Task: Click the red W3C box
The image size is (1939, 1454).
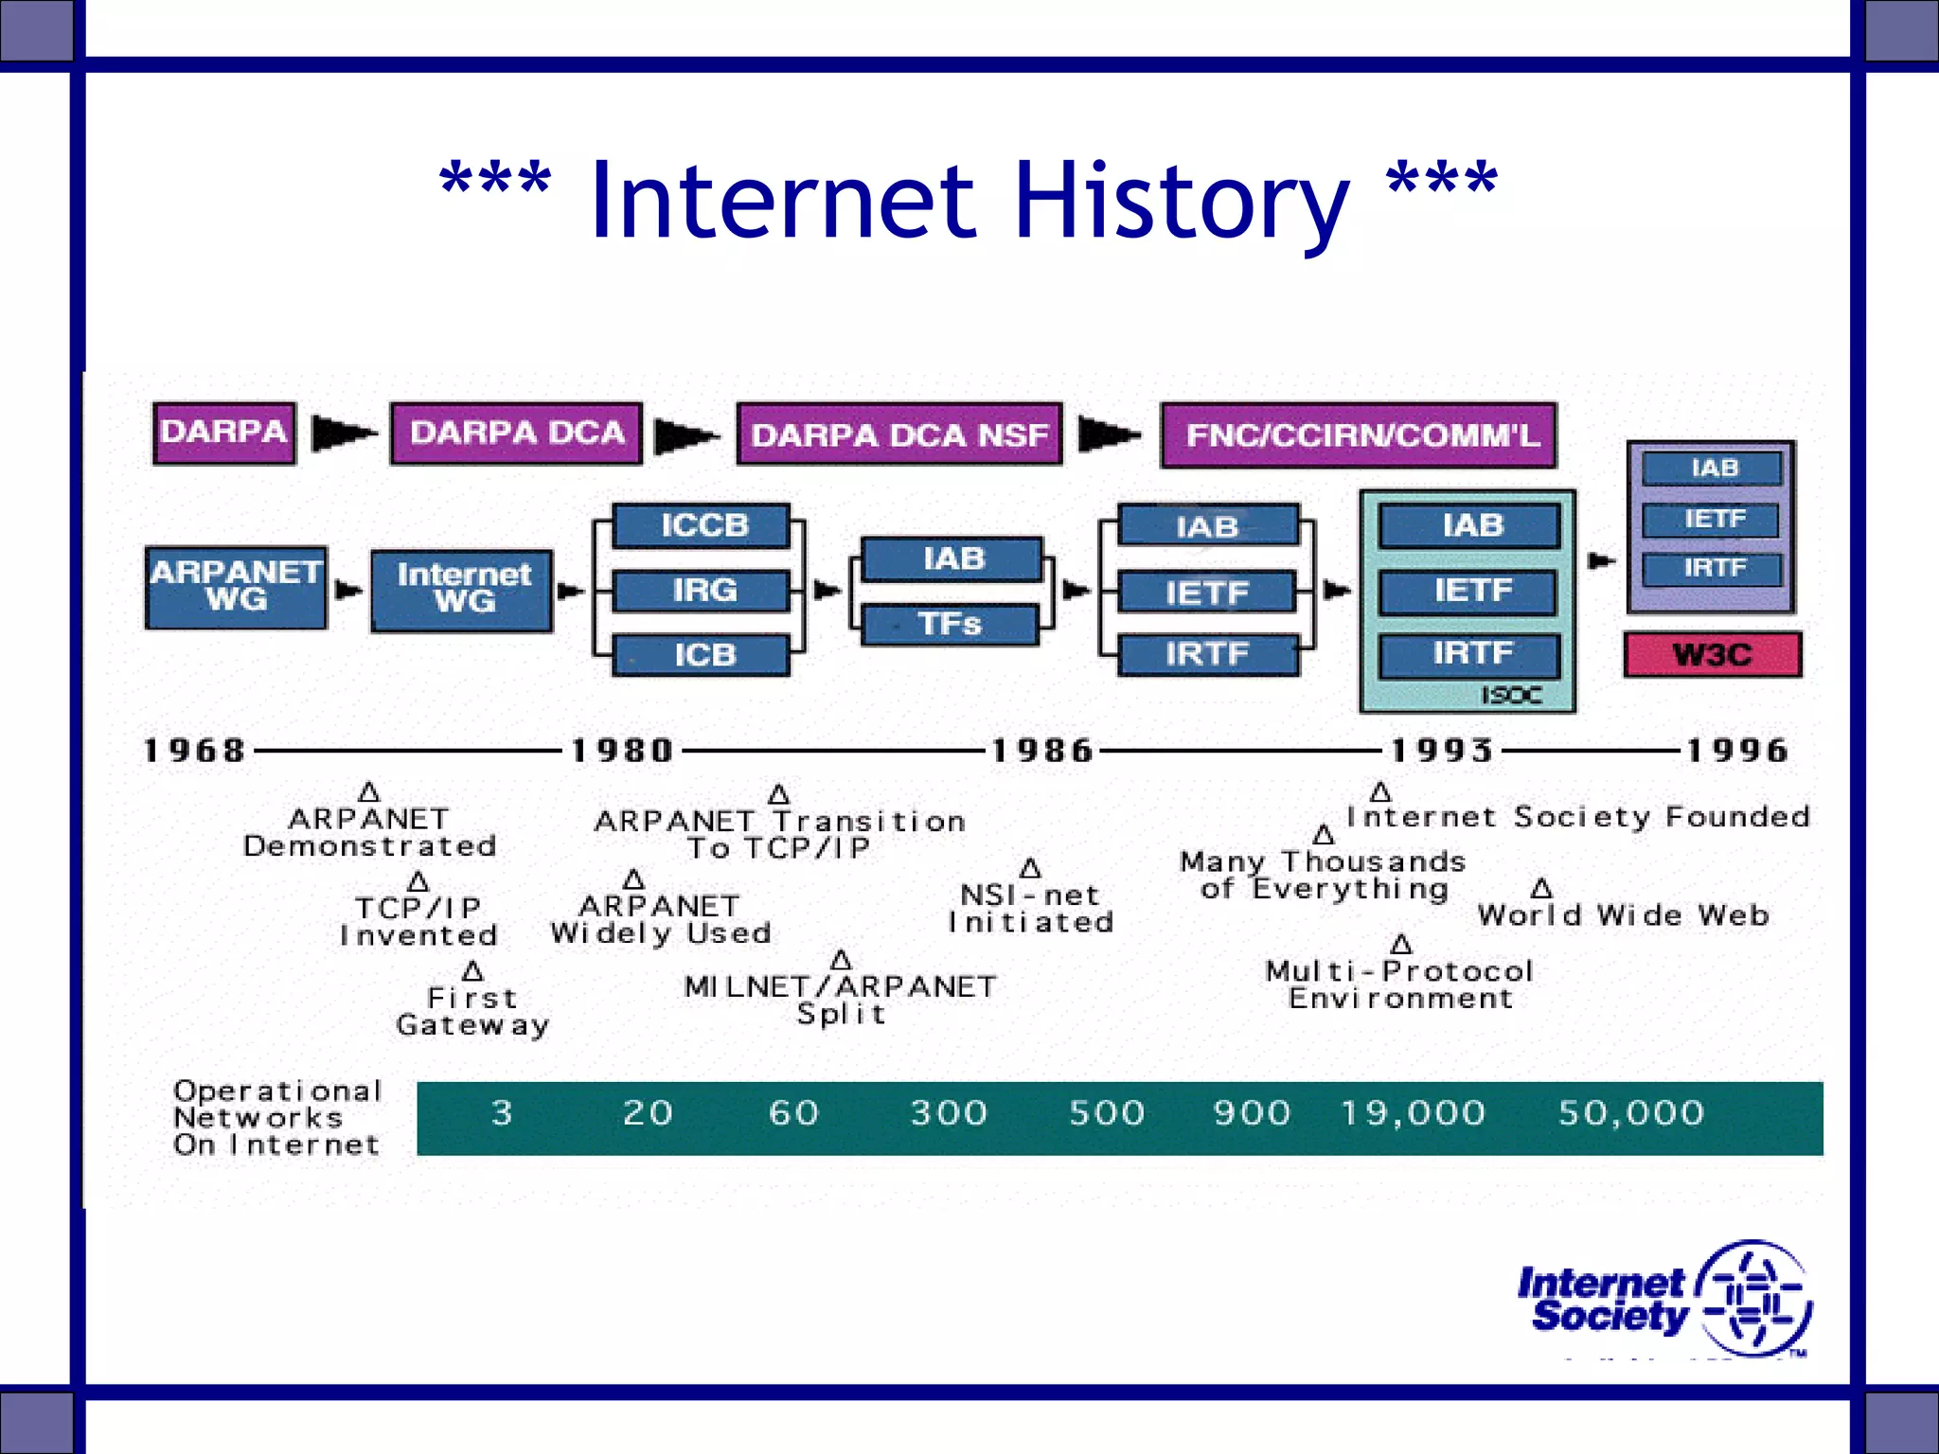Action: [x=1713, y=654]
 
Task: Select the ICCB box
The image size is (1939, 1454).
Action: [x=702, y=525]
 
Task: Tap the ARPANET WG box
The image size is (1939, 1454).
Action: [x=237, y=587]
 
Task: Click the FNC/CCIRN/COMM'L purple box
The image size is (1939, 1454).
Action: [x=1360, y=435]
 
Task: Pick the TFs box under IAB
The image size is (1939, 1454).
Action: [x=951, y=625]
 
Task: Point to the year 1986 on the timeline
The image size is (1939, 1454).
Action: [x=1041, y=751]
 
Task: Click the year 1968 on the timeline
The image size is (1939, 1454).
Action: [x=195, y=751]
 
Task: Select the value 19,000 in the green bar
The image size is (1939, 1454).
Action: [x=1413, y=1113]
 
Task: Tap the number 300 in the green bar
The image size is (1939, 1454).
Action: [x=949, y=1113]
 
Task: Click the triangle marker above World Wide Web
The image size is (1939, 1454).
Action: [x=1541, y=888]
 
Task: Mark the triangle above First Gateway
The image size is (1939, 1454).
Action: [x=472, y=971]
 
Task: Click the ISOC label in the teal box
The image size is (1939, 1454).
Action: [x=1511, y=696]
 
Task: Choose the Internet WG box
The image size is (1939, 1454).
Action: [x=463, y=590]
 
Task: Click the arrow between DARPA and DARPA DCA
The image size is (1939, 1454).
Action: [x=343, y=434]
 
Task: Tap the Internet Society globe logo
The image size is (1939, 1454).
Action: [x=1753, y=1299]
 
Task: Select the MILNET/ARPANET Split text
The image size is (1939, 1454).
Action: [x=841, y=1000]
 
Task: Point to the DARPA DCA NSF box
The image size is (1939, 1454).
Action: [x=899, y=434]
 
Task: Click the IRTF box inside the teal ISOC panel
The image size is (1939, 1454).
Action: [x=1470, y=654]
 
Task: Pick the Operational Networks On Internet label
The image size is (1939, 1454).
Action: [x=277, y=1118]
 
